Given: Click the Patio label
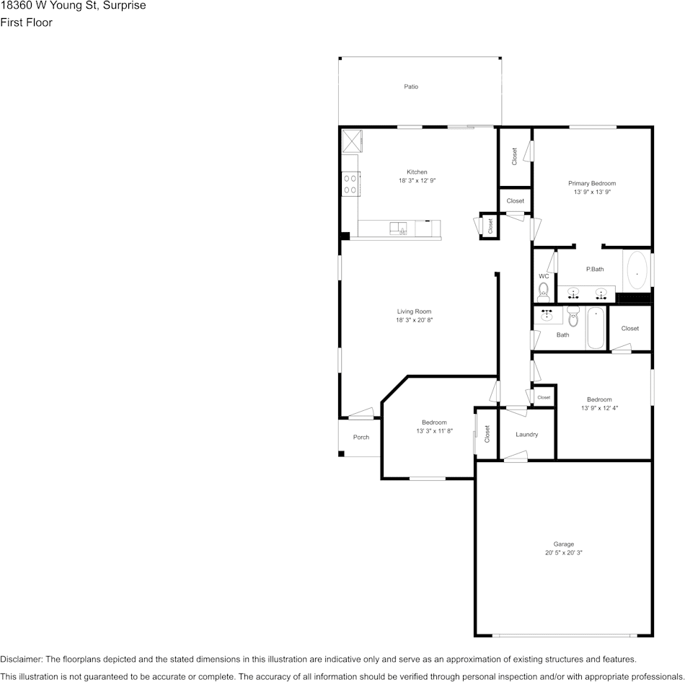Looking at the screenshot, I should coord(411,87).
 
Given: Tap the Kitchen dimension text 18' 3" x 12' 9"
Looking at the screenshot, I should coord(417,181).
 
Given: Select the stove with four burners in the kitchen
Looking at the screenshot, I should coord(350,185).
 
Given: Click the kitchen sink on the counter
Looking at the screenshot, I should coord(399,229).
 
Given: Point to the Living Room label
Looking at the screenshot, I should coord(414,311).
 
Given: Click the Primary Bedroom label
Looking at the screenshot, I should coord(591,183).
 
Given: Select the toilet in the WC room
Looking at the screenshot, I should coord(544,292).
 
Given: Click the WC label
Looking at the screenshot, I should coord(544,276).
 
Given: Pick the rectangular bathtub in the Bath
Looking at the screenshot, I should coord(596,328).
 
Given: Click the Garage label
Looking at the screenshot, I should coord(563,544).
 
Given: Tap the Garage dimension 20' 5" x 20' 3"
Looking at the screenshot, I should coord(563,553).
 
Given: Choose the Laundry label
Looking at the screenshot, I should coord(527,435).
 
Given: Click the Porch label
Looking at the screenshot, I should coord(361,438).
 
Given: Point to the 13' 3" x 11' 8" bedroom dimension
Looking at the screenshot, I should coord(434,431).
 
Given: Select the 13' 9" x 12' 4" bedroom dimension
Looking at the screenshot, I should coord(599,408).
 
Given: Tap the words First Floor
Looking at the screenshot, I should coord(26,22).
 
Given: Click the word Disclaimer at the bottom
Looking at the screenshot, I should coord(21,659).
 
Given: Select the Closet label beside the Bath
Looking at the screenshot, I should coord(629,329).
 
